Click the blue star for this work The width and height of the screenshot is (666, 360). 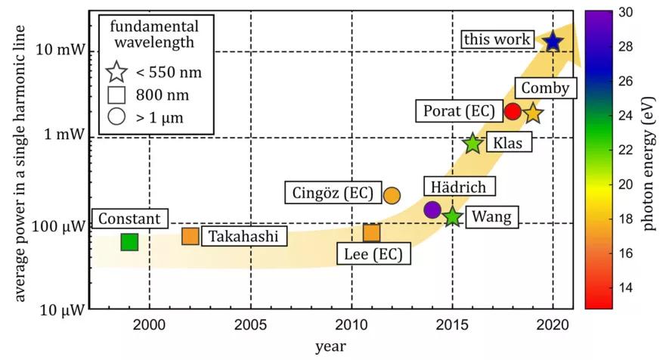coord(553,42)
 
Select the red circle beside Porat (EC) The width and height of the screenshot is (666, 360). coord(513,111)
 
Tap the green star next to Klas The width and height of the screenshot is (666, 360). coord(472,142)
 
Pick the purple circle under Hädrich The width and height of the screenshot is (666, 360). coord(432,209)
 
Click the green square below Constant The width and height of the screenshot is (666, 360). coord(129,242)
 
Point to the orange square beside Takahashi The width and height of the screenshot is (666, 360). coord(191,236)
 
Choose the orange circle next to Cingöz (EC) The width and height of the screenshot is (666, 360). coord(392,194)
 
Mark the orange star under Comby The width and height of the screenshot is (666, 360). coord(533,113)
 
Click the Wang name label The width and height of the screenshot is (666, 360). coord(491,218)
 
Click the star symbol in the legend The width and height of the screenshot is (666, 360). coord(117,73)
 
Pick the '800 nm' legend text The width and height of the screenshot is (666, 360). coord(163,95)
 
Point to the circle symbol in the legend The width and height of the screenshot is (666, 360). coord(117,117)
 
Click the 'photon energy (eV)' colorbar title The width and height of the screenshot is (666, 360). coord(649,159)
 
